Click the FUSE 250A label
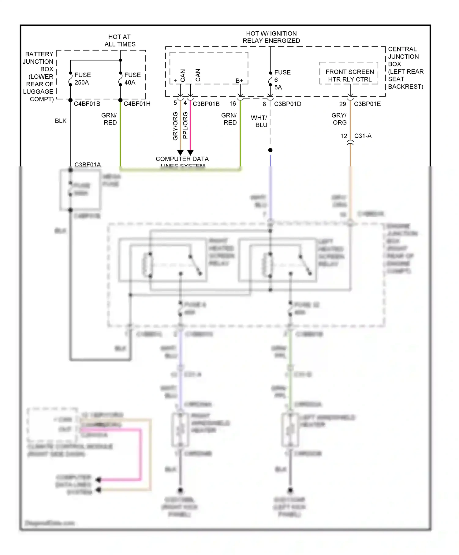[82, 79]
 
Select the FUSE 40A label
[132, 79]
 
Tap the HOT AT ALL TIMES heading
[120, 40]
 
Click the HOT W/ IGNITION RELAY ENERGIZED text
[271, 37]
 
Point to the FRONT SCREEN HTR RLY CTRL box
[349, 76]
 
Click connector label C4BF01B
[87, 104]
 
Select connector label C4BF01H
[137, 104]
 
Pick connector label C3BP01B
[206, 104]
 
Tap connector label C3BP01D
[287, 104]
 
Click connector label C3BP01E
[367, 104]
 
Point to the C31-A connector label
[363, 136]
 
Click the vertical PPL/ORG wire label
[185, 125]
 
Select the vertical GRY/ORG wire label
[175, 126]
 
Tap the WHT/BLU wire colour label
[259, 121]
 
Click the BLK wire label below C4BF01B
[61, 121]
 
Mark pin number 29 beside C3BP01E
[342, 104]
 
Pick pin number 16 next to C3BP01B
[233, 104]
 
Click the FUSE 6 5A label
[282, 80]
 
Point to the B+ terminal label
[239, 81]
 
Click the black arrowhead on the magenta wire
[190, 152]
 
